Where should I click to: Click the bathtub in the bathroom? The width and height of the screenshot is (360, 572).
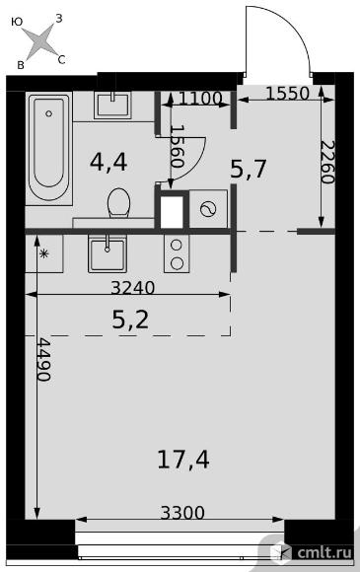[x=48, y=148]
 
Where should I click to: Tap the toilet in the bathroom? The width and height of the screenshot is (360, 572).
[x=119, y=202]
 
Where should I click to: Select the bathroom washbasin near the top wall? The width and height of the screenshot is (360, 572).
[x=112, y=105]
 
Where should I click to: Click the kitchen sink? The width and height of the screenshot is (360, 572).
[x=107, y=253]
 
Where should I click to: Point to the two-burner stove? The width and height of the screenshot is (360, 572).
[x=177, y=253]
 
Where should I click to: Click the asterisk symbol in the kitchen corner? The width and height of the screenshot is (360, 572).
[x=43, y=253]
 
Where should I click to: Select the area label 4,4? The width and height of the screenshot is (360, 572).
[x=108, y=162]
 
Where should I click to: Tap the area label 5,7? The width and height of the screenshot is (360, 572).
[x=250, y=170]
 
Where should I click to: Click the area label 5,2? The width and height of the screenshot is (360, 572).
[x=130, y=321]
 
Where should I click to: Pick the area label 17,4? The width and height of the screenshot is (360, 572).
[x=183, y=460]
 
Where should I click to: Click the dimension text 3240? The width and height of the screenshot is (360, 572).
[x=133, y=288]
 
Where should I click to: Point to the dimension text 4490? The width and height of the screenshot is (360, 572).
[x=44, y=360]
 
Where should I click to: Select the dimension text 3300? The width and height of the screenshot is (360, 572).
[x=182, y=513]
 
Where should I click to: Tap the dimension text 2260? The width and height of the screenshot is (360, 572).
[x=326, y=162]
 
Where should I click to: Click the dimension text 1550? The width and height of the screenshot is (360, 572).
[x=287, y=94]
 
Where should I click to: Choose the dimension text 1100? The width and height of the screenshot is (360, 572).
[x=200, y=99]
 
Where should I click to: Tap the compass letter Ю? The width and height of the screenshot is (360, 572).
[x=17, y=22]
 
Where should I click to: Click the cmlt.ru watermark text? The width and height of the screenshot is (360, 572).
[x=324, y=552]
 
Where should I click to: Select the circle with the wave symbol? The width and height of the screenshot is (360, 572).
[x=208, y=209]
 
